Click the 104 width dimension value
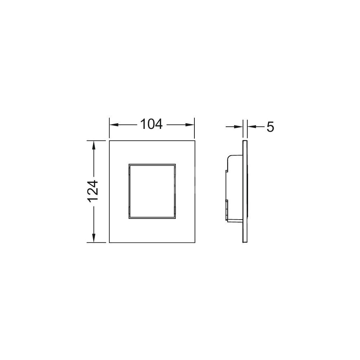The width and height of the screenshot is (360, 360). tap(151, 124)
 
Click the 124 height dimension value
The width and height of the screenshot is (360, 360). tap(94, 192)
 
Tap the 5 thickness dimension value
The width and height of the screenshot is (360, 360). tap(270, 127)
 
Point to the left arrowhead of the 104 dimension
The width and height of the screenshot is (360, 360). tap(114, 125)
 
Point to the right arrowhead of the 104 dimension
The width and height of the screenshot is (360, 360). tap(190, 125)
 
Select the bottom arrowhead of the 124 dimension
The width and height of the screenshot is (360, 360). tap(94, 238)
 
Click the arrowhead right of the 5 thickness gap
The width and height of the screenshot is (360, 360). tap(252, 126)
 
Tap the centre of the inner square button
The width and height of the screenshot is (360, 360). tap(152, 191)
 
